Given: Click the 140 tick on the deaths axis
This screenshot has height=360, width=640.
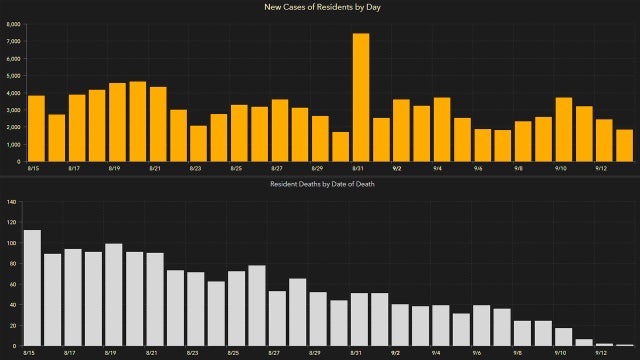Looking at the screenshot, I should tap(13, 201).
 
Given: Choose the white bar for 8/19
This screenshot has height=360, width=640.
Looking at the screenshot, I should tap(114, 295).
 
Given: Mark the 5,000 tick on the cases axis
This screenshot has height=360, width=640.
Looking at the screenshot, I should tap(13, 75).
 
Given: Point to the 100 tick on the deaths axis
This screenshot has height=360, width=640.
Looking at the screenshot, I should tap(13, 243).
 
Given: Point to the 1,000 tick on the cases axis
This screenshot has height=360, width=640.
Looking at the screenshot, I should tap(13, 144).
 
